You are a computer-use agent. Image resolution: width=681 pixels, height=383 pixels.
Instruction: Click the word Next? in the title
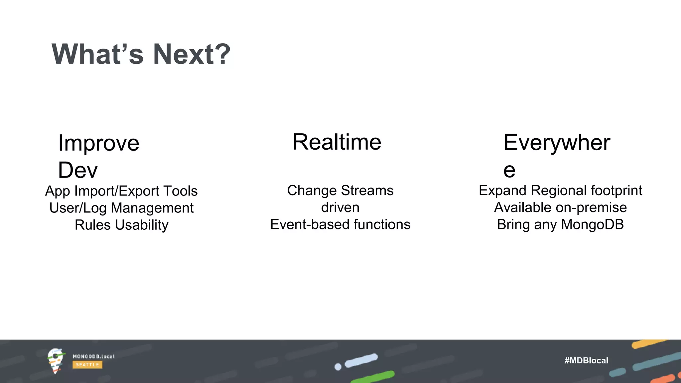coord(192,54)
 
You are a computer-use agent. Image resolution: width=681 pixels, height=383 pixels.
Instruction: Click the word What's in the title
coord(97,54)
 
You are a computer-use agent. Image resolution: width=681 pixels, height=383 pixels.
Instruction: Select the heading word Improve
coord(98,143)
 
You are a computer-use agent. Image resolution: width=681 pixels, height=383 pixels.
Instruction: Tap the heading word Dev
coord(78,170)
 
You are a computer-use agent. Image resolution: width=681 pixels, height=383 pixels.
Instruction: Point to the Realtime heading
coord(337,142)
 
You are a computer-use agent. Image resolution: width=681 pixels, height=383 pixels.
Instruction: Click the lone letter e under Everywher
coord(509,170)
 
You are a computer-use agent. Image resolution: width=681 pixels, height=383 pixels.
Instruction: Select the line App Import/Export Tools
coord(121,191)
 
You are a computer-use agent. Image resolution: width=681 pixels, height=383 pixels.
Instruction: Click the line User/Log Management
coord(121,208)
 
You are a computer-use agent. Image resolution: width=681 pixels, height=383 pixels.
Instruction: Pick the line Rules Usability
coord(121,225)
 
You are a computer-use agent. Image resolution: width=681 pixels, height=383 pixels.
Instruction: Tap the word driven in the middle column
coord(340,207)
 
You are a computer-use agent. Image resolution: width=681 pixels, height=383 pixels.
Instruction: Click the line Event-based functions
coord(340,224)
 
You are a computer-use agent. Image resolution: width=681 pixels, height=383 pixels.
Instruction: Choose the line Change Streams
coord(340,191)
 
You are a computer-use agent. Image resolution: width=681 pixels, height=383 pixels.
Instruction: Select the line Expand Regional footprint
coord(560,191)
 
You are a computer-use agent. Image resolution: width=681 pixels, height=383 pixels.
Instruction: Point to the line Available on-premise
coord(560,207)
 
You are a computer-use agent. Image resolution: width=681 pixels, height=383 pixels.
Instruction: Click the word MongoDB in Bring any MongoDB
coord(592,224)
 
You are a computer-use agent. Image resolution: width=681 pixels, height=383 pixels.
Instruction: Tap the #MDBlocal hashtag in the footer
coord(586,360)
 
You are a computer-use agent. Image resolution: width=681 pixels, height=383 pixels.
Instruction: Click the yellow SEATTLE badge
coord(87,365)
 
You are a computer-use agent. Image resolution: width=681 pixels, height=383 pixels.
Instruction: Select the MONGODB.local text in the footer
coord(93,356)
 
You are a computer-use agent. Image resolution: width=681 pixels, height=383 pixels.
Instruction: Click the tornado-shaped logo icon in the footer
coord(56,361)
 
